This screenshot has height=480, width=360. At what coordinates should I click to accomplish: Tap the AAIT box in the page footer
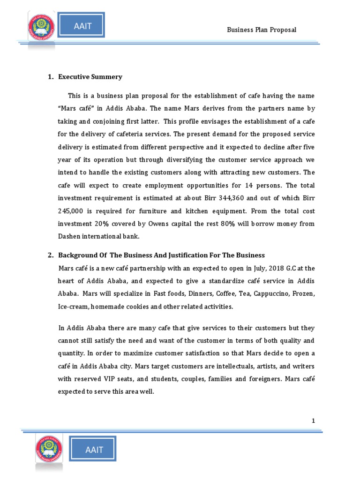(94, 450)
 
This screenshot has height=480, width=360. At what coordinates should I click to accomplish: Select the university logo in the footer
(49, 450)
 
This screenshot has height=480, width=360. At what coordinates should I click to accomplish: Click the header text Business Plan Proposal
(262, 30)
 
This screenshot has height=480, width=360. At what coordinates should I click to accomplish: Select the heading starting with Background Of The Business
(161, 255)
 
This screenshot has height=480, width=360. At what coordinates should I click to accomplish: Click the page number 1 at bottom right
(313, 421)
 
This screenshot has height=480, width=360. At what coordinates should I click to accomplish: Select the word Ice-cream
(73, 306)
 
